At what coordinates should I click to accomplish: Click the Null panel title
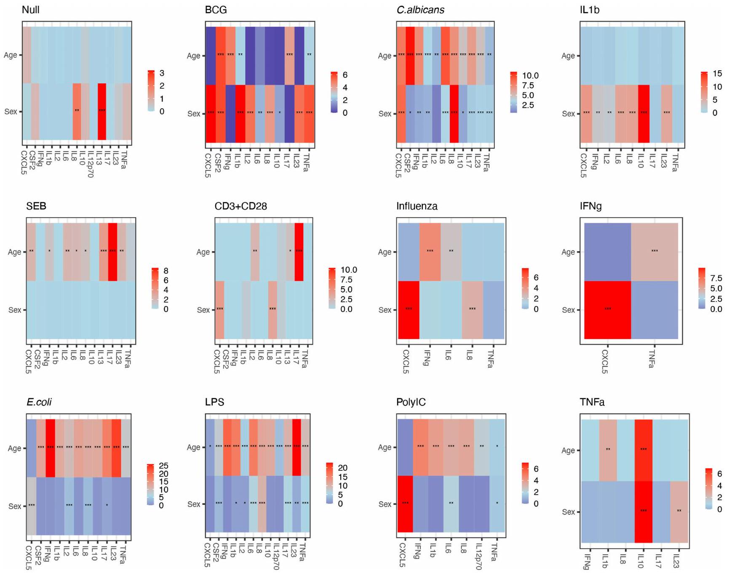click(x=30, y=10)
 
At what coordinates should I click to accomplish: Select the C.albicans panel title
click(x=420, y=10)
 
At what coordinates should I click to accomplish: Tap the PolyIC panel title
click(x=411, y=402)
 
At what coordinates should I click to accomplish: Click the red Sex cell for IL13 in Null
click(x=101, y=112)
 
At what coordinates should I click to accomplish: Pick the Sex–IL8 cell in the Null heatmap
click(x=77, y=112)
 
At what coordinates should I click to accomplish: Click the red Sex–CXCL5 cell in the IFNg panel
click(x=607, y=309)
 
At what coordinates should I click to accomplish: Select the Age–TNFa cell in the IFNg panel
click(x=654, y=252)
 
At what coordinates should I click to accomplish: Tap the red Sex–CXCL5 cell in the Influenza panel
click(x=409, y=309)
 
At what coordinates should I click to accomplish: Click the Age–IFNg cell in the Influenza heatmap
click(x=430, y=252)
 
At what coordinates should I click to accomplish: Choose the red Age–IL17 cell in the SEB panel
click(x=112, y=252)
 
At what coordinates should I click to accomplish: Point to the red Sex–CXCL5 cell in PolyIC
click(x=405, y=504)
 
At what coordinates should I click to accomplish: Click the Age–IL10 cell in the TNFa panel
click(x=643, y=450)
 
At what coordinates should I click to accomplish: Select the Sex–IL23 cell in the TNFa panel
click(x=679, y=512)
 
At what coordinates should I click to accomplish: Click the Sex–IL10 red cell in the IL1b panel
click(x=644, y=113)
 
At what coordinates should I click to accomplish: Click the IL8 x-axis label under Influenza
click(x=470, y=355)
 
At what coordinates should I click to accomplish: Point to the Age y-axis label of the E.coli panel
click(x=14, y=448)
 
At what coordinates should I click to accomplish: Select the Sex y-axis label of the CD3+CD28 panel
click(x=203, y=310)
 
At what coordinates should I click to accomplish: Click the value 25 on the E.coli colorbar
click(x=163, y=466)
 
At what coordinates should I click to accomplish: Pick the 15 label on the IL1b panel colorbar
click(x=717, y=74)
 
